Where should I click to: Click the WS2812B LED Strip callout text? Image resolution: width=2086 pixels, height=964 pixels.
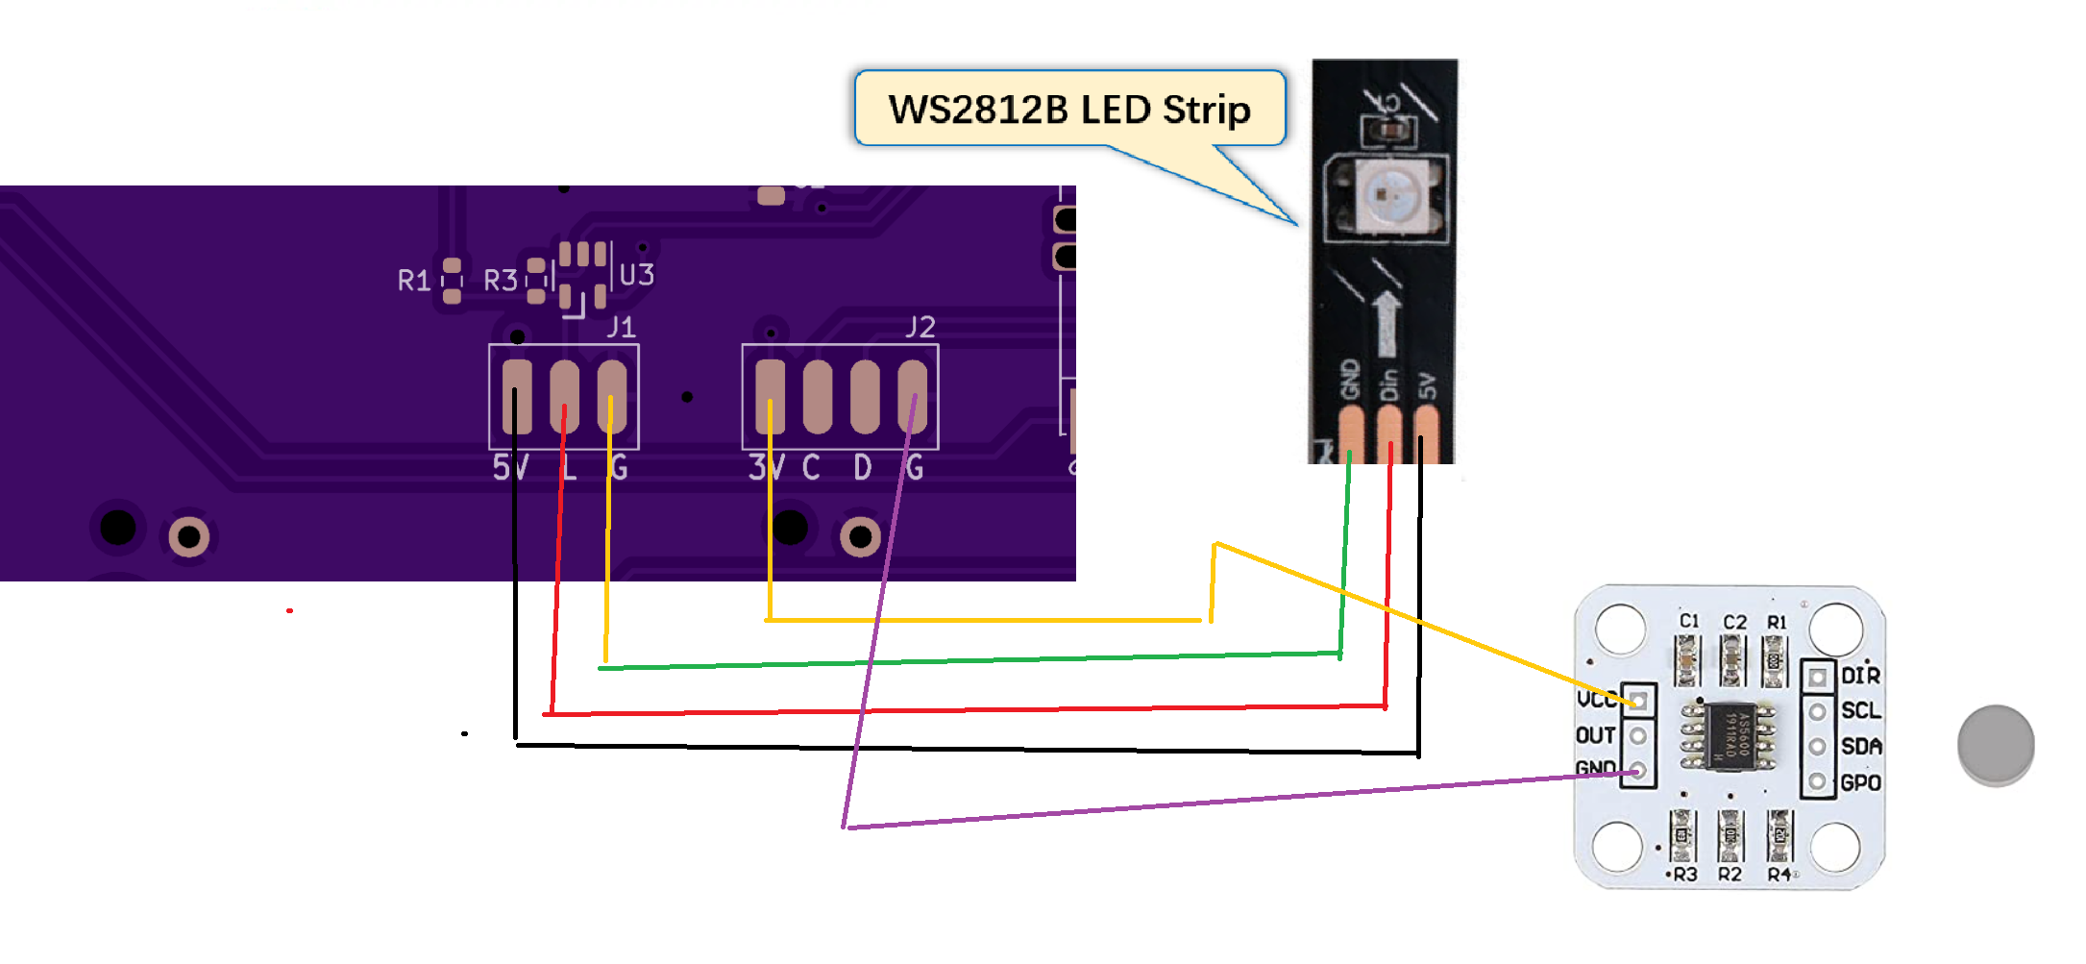(x=1068, y=110)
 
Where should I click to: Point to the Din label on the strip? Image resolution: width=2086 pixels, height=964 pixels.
(x=1388, y=384)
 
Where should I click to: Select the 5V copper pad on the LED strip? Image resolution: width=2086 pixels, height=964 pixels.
(x=1427, y=432)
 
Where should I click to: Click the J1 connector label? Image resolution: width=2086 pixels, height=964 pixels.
(x=621, y=327)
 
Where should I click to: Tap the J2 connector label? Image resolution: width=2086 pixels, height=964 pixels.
(x=920, y=327)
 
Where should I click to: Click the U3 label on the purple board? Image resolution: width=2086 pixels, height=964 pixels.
(x=636, y=276)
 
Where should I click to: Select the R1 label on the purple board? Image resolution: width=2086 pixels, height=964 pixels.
(x=413, y=281)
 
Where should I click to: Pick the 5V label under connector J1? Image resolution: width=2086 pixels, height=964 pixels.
(x=510, y=468)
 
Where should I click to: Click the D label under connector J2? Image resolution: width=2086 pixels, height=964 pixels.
(x=863, y=468)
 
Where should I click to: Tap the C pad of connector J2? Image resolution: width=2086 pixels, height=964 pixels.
(x=817, y=397)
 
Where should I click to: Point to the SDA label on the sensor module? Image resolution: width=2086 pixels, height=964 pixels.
(x=1860, y=747)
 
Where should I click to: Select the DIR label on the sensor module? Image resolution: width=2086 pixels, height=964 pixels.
(x=1860, y=676)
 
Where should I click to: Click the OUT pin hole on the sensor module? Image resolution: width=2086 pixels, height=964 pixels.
(x=1638, y=735)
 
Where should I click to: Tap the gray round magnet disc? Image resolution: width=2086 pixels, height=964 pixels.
(x=1996, y=745)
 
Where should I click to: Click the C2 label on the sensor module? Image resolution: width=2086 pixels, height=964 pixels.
(x=1734, y=623)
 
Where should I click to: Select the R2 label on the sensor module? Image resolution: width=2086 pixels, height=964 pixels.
(x=1730, y=874)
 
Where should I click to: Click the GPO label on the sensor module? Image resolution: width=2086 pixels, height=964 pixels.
(x=1860, y=783)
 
